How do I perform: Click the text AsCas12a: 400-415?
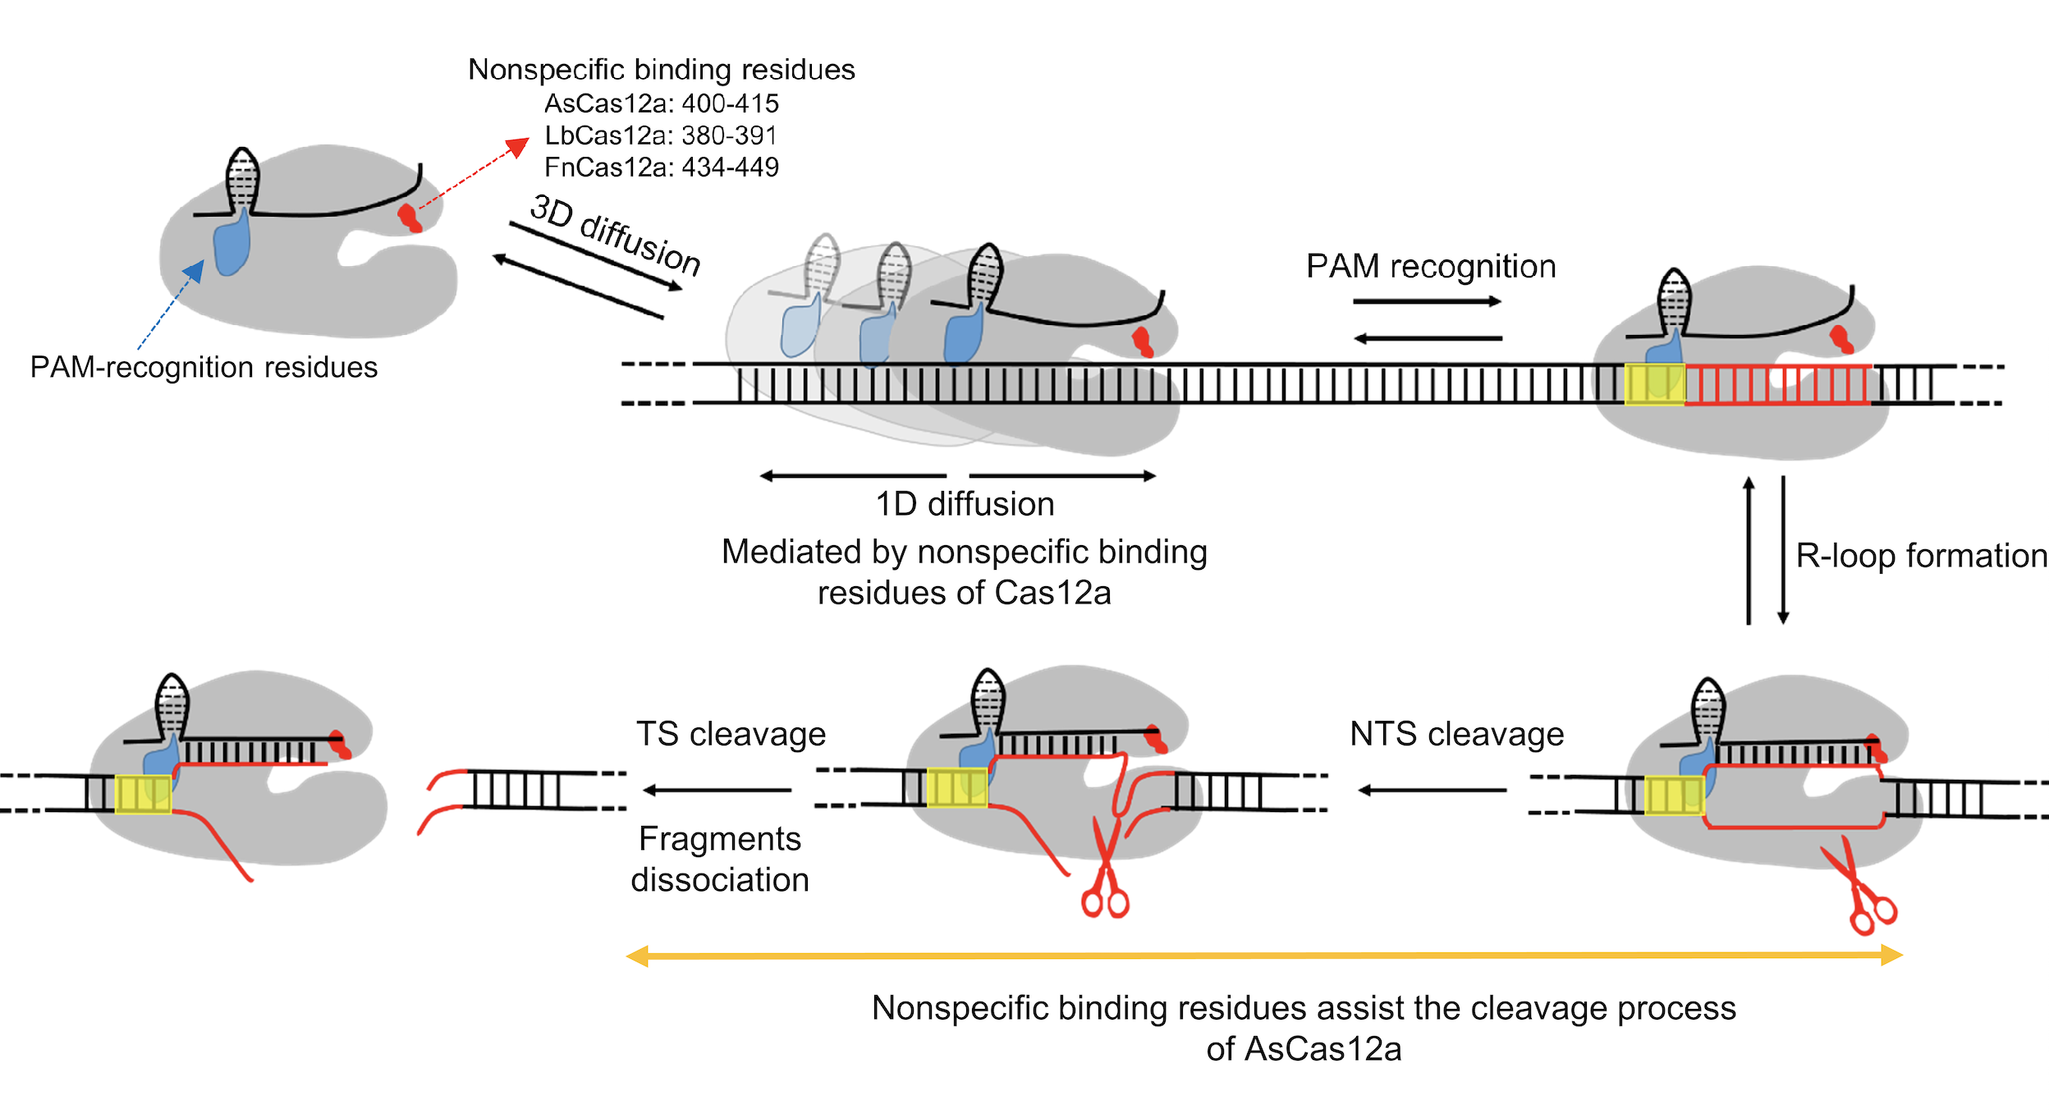point(662,104)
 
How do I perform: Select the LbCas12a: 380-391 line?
point(661,135)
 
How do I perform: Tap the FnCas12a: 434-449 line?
point(662,167)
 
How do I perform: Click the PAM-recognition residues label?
point(204,367)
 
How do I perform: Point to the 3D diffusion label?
point(616,234)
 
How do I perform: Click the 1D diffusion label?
point(965,504)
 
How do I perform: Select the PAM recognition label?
point(1431,267)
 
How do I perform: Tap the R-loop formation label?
point(1921,556)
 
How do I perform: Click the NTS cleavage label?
point(1456,734)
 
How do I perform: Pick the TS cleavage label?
point(731,734)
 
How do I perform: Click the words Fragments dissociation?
point(720,859)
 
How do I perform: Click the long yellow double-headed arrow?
point(1264,956)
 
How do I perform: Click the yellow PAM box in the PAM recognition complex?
point(1655,384)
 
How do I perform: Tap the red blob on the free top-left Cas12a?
point(409,218)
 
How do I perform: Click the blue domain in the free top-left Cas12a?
point(231,245)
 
